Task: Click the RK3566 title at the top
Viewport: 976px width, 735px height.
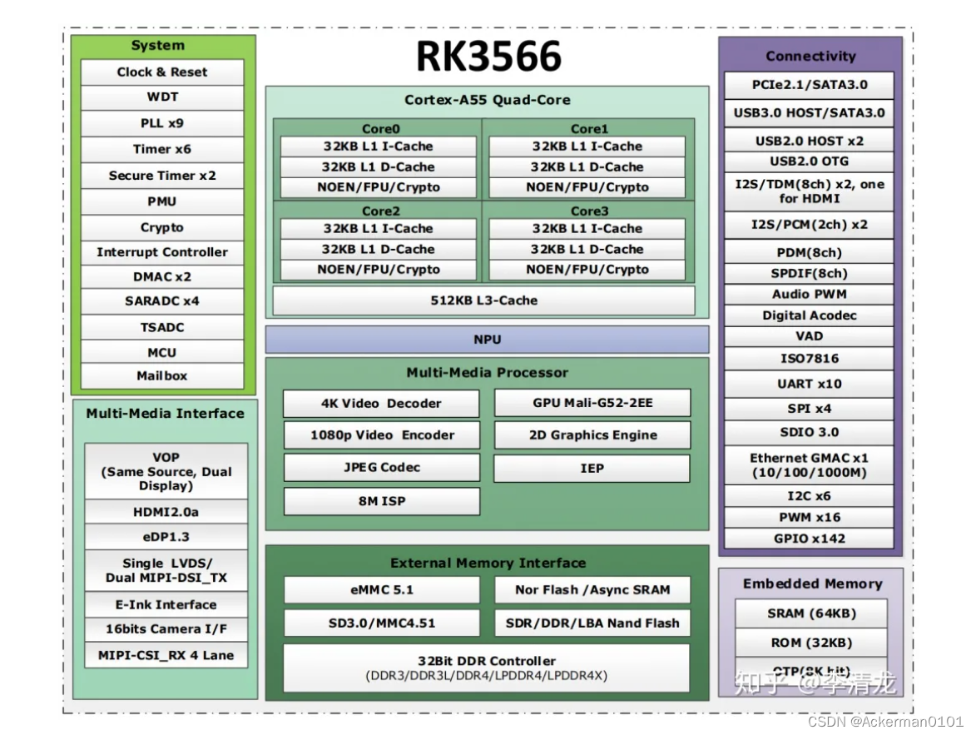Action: (488, 57)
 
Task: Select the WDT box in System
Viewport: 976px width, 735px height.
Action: (162, 97)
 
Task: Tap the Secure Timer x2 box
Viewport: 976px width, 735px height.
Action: (162, 176)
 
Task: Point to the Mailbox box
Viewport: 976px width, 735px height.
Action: (162, 376)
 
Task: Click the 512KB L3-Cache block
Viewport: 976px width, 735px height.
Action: (483, 300)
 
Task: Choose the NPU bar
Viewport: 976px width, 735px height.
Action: (487, 340)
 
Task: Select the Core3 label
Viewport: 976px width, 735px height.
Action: (589, 211)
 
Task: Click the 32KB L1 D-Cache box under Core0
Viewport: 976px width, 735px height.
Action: (379, 166)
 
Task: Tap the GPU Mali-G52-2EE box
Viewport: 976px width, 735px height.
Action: (592, 403)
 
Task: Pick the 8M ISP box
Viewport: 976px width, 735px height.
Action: (381, 501)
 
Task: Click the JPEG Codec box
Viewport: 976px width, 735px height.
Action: (381, 467)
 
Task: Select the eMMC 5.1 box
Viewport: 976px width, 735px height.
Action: (381, 589)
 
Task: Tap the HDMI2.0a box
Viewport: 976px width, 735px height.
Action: (166, 512)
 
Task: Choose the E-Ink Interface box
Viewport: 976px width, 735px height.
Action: (166, 605)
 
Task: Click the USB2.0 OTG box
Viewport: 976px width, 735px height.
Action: (809, 161)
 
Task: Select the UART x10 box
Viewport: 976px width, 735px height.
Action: (809, 384)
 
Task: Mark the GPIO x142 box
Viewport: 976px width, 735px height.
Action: (809, 539)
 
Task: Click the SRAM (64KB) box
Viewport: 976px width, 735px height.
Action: (811, 613)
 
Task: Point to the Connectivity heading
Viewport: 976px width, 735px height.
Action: (810, 57)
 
